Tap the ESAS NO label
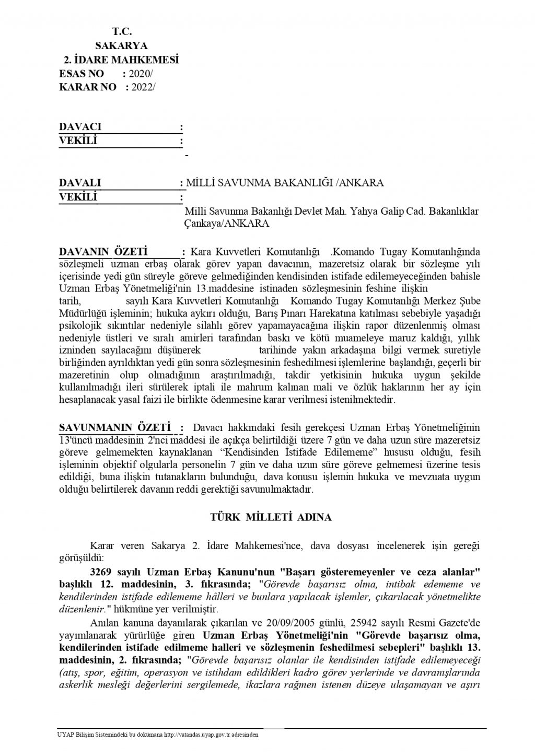(x=82, y=73)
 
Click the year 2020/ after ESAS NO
(x=141, y=73)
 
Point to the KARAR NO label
(x=88, y=87)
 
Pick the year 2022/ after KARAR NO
(x=143, y=87)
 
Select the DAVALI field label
(x=80, y=183)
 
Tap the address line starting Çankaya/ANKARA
(x=227, y=223)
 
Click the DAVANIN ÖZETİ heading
(x=104, y=251)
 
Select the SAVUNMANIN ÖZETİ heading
(x=115, y=427)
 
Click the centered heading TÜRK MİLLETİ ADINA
(x=271, y=518)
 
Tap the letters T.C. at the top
(x=121, y=32)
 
